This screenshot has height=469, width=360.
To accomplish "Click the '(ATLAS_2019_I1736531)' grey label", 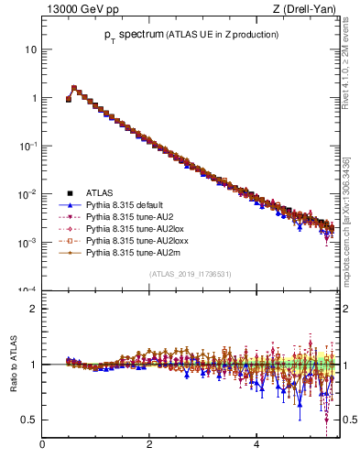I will [x=191, y=274].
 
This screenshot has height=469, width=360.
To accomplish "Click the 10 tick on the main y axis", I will [x=31, y=49].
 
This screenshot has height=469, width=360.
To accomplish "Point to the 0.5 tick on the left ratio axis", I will [x=30, y=420].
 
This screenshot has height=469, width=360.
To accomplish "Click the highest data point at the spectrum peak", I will [x=74, y=88].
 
